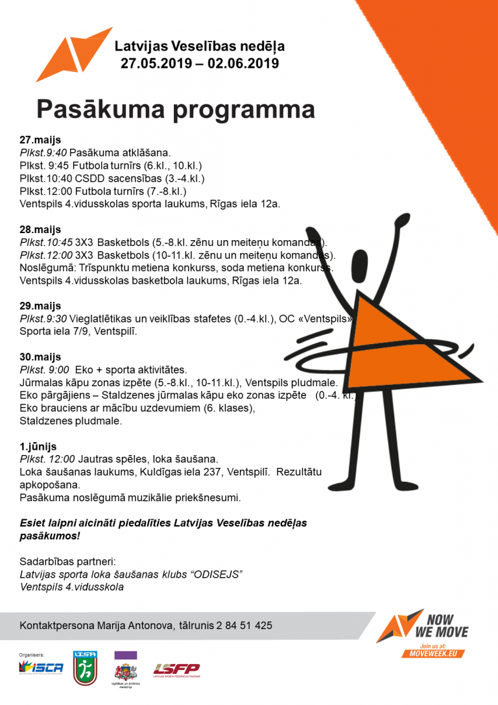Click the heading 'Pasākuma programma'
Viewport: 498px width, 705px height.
175,109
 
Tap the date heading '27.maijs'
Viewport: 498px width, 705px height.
40,140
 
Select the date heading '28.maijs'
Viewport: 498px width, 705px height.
40,229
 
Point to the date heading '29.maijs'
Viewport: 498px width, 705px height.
40,306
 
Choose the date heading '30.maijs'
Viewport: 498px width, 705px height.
40,357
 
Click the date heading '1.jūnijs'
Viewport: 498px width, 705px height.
38,447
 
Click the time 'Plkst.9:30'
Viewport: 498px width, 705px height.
43,319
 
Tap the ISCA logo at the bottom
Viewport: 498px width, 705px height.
41,668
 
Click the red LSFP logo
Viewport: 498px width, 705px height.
176,669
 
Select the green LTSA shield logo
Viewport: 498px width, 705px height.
85,668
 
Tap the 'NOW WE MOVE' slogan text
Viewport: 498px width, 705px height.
445,626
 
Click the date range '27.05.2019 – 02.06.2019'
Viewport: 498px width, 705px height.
200,64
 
